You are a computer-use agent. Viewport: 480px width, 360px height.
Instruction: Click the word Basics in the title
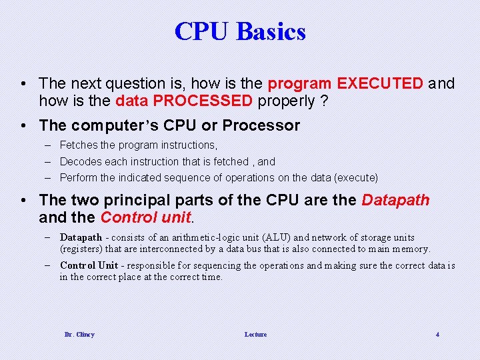271,31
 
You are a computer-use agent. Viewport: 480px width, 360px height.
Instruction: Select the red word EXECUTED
380,84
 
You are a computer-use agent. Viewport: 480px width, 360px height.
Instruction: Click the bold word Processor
261,125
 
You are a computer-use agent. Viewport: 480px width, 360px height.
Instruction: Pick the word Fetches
77,145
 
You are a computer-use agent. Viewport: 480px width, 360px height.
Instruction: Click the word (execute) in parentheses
355,178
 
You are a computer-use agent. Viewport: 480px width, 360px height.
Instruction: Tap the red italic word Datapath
395,201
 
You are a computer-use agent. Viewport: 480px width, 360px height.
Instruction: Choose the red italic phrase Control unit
146,218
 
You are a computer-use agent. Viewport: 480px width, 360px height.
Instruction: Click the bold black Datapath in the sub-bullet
81,237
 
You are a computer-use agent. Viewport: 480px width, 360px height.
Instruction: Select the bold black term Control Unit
89,265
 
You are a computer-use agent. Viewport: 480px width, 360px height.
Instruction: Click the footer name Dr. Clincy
79,334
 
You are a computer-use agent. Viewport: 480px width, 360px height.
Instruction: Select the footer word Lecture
255,334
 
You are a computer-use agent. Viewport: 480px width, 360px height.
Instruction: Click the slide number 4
437,334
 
